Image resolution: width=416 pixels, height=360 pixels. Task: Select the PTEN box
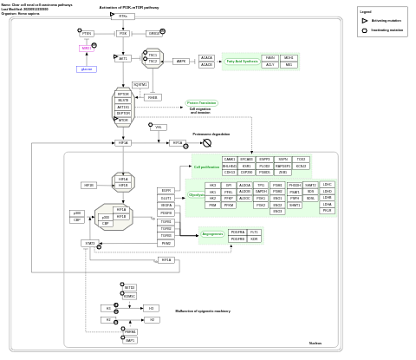click(x=87, y=33)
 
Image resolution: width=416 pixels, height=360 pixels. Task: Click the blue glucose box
click(x=86, y=69)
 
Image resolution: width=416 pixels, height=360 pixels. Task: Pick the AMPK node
click(x=181, y=62)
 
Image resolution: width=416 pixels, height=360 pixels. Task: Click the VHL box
click(x=159, y=128)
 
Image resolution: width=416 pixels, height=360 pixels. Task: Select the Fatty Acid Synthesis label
click(x=242, y=62)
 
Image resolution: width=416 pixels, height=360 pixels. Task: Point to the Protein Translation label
click(x=201, y=102)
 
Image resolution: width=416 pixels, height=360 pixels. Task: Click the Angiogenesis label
click(x=212, y=234)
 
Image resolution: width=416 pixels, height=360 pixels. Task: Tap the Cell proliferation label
click(x=206, y=167)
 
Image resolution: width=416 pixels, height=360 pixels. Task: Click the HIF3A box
click(x=88, y=185)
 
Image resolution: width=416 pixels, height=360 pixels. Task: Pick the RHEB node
click(x=153, y=97)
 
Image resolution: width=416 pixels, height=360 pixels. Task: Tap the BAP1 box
click(x=130, y=340)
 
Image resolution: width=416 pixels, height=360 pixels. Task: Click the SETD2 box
click(x=129, y=287)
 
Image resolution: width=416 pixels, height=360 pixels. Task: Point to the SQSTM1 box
click(x=140, y=84)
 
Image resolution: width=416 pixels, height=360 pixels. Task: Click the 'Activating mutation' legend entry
click(x=386, y=20)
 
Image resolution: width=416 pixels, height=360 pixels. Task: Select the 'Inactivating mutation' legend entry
click(x=387, y=29)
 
